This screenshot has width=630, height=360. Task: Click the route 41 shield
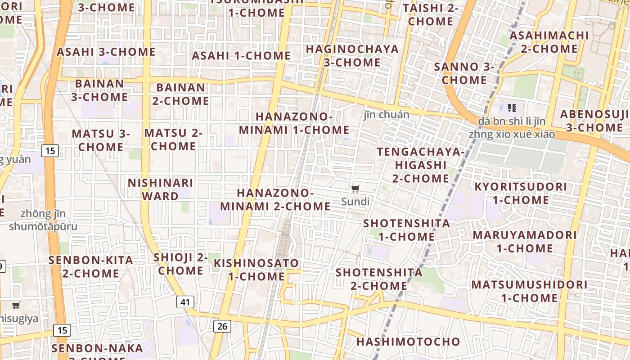[185, 302]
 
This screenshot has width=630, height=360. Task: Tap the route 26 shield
[222, 326]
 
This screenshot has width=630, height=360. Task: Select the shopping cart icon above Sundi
[355, 189]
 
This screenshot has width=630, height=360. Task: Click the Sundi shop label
[355, 202]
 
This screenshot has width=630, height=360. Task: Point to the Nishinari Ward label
[160, 189]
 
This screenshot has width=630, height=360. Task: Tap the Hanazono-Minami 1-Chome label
[294, 123]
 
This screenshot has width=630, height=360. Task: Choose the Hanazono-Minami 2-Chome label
[275, 199]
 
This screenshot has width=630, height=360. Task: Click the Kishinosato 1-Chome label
[256, 269]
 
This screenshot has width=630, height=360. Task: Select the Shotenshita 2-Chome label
[379, 279]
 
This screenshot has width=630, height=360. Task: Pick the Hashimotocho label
[408, 342]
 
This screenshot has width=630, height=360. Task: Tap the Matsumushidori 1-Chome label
[529, 291]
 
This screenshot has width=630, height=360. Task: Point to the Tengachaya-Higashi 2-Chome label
[420, 165]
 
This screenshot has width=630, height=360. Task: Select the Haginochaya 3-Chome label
[352, 55]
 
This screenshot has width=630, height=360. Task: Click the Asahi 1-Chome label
[241, 56]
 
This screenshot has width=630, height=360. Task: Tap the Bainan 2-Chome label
[180, 94]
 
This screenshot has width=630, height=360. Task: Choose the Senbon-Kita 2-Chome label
[91, 266]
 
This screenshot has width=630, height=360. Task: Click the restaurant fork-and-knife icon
[512, 108]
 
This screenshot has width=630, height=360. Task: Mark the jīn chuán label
[387, 115]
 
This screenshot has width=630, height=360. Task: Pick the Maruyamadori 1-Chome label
[525, 241]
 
